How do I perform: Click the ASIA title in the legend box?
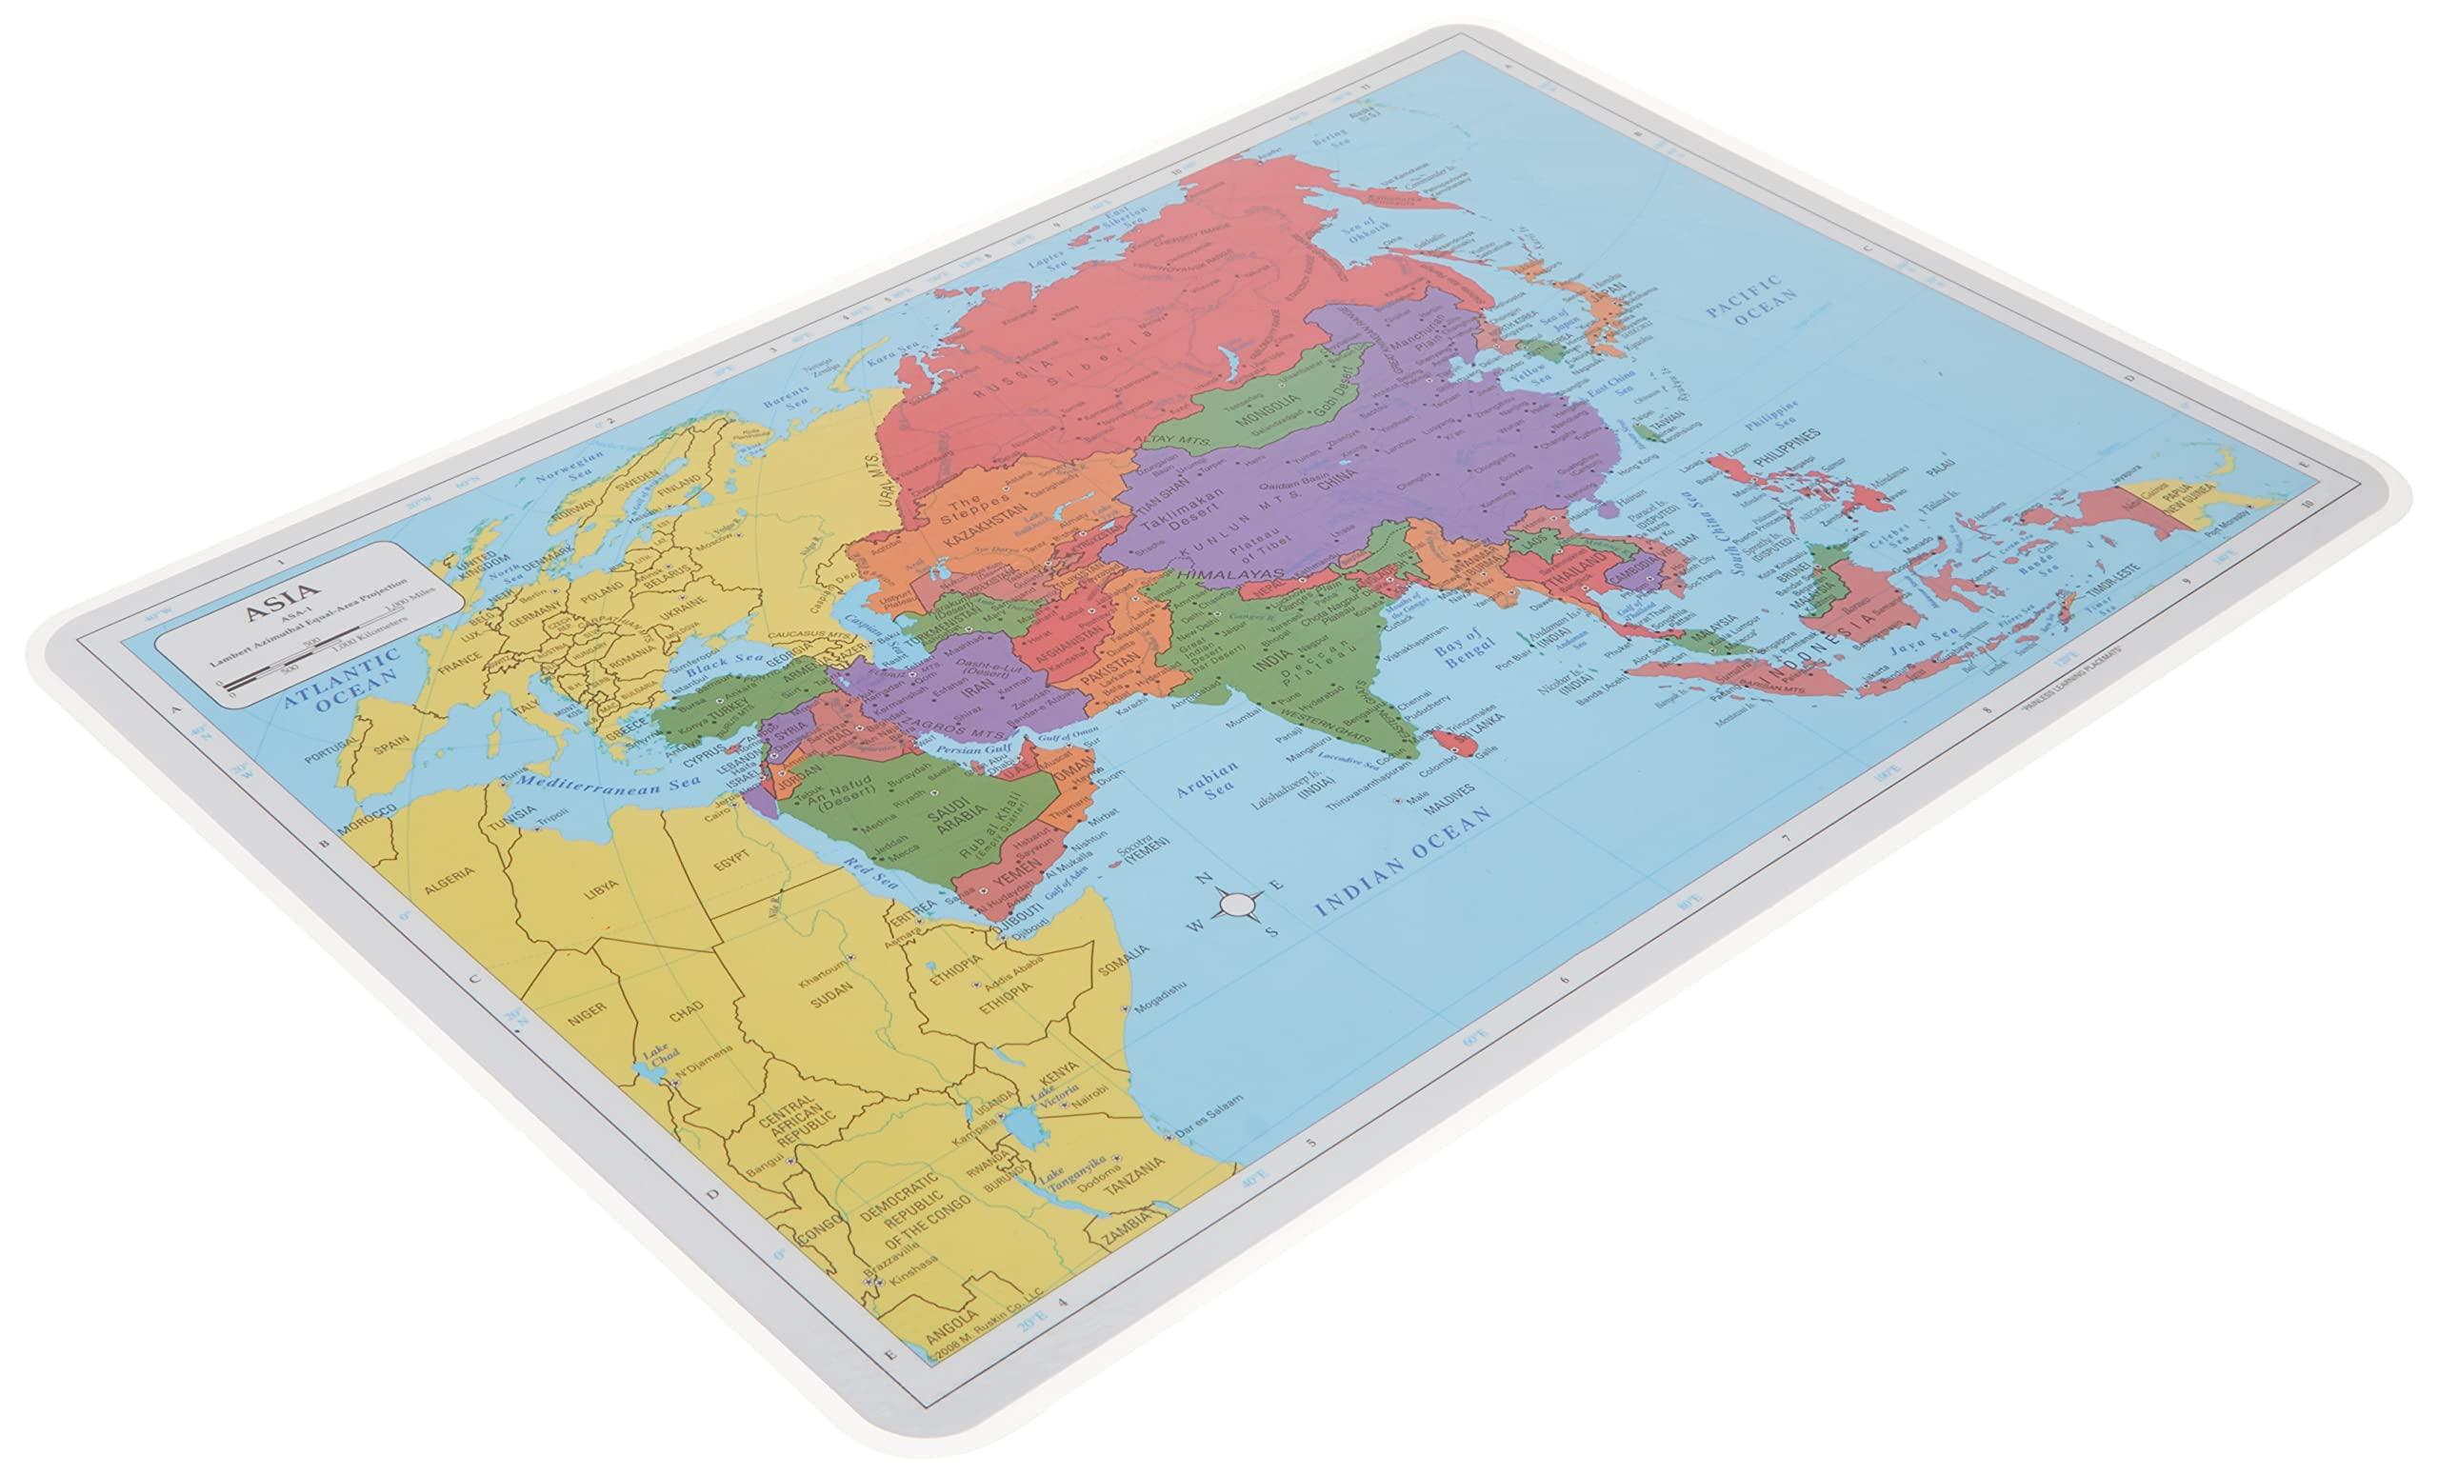[x=265, y=610]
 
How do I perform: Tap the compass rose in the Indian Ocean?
[x=1234, y=904]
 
